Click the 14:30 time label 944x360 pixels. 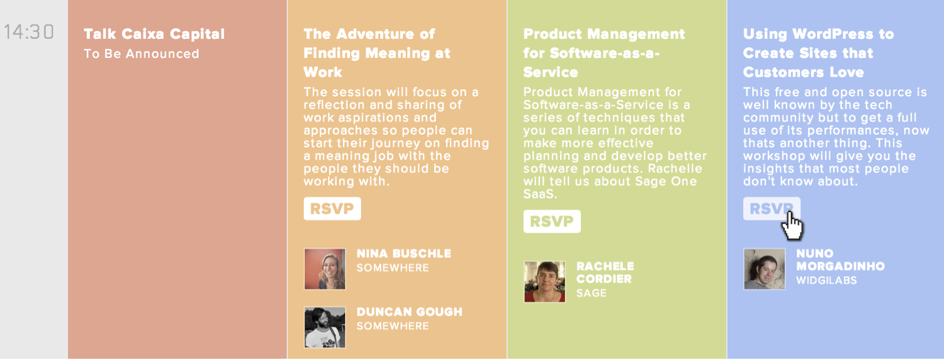click(29, 32)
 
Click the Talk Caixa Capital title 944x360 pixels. click(154, 34)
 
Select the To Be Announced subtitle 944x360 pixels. click(141, 53)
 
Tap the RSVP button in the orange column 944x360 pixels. click(332, 208)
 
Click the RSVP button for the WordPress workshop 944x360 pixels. click(771, 208)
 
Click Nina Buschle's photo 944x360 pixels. click(325, 269)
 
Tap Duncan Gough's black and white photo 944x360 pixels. click(325, 327)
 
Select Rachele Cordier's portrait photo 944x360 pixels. click(544, 281)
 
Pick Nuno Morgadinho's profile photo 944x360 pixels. click(765, 269)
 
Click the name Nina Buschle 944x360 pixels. click(404, 254)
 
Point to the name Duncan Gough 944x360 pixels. click(409, 312)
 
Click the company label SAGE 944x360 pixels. click(592, 293)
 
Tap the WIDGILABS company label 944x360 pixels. click(826, 280)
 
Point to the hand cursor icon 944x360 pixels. click(792, 225)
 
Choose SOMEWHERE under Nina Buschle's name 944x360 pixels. click(393, 267)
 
